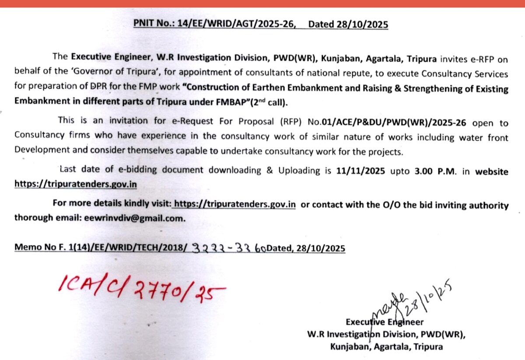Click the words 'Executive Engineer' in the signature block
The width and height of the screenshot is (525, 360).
pyautogui.click(x=385, y=322)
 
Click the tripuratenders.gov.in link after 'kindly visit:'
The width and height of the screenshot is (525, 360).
pyautogui.click(x=235, y=205)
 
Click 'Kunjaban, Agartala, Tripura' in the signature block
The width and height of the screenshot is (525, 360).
pyautogui.click(x=386, y=347)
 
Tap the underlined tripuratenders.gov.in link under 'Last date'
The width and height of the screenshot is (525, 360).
pyautogui.click(x=75, y=184)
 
